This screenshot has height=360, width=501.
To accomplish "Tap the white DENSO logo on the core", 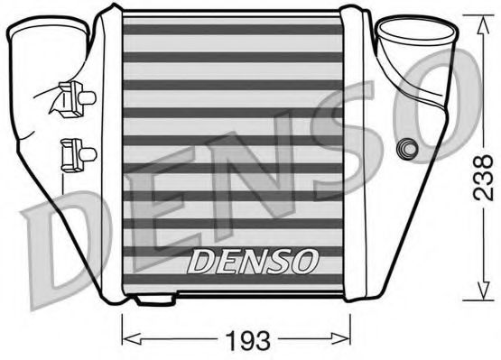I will tap(253, 262).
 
